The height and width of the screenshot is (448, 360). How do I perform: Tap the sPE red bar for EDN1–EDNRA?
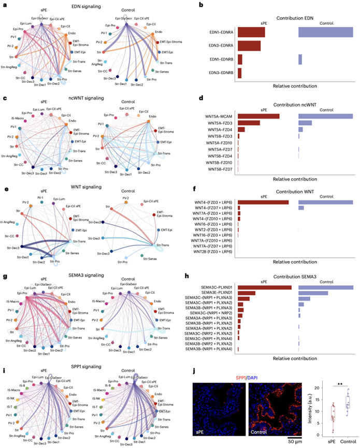pos(251,32)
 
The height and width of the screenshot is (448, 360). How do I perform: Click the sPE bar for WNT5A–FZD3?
pos(249,123)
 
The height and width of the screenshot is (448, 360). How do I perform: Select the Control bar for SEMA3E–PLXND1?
pos(313,293)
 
